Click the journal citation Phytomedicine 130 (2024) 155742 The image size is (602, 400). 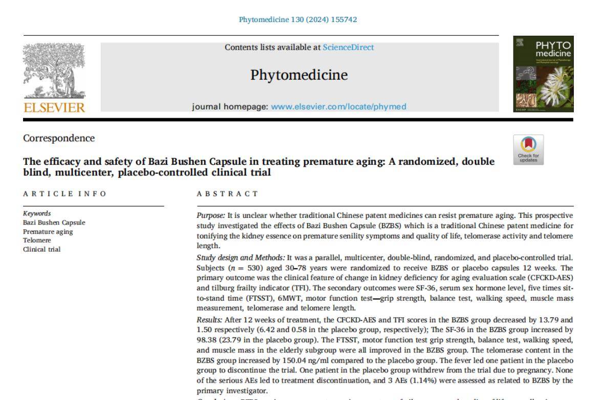click(298, 19)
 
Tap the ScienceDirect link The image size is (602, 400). click(348, 48)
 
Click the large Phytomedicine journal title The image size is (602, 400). click(299, 75)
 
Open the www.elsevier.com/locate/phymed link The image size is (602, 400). click(338, 106)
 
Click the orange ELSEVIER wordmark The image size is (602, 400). click(55, 107)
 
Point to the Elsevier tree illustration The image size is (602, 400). click(55, 72)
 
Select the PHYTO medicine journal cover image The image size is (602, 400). click(544, 74)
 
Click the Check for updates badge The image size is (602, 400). click(528, 149)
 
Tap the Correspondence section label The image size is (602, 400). click(59, 138)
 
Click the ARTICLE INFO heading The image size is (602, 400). click(65, 194)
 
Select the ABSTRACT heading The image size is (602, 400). click(227, 194)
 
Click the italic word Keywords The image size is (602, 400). click(37, 213)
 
